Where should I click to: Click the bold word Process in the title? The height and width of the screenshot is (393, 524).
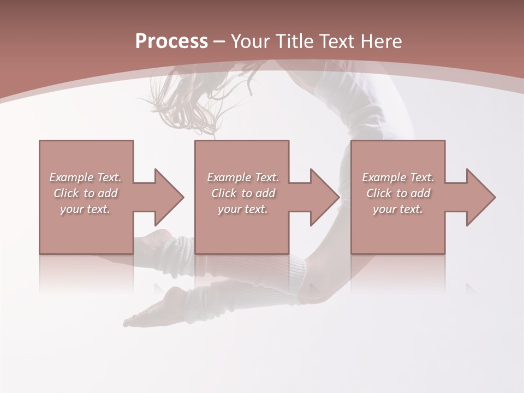pyautogui.click(x=171, y=41)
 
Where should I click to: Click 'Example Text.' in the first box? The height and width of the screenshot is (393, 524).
pyautogui.click(x=85, y=177)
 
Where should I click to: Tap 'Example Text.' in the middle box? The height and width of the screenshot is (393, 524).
pyautogui.click(x=243, y=177)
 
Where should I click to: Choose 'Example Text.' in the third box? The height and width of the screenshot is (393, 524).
pyautogui.click(x=398, y=177)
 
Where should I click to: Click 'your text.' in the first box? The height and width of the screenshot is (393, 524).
pyautogui.click(x=85, y=209)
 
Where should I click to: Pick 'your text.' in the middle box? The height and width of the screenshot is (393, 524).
pyautogui.click(x=243, y=209)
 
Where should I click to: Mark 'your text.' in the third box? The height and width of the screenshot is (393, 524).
pyautogui.click(x=398, y=209)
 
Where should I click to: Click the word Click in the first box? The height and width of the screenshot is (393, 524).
pyautogui.click(x=66, y=193)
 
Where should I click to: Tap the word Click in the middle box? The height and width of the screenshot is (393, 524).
pyautogui.click(x=224, y=193)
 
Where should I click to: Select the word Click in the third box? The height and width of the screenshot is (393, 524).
pyautogui.click(x=379, y=193)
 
